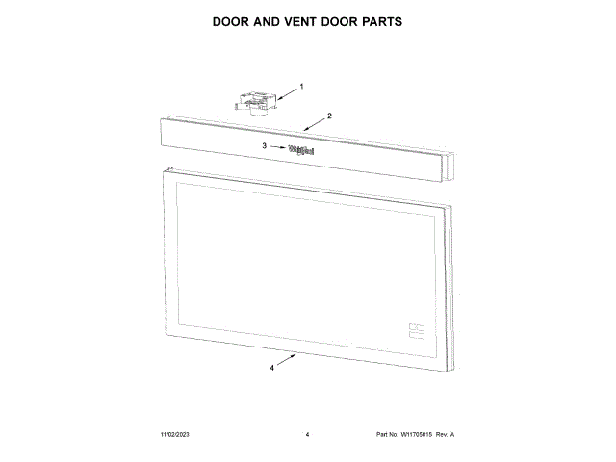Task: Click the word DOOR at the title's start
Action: [x=235, y=21]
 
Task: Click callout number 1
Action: [x=300, y=86]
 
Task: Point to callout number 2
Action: [x=329, y=115]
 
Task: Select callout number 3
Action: [x=264, y=146]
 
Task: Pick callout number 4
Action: [x=272, y=368]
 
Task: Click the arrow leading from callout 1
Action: [x=285, y=90]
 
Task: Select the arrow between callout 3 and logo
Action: [x=277, y=147]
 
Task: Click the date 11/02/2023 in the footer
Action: [x=176, y=435]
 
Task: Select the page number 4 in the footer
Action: [x=306, y=435]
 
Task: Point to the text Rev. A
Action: [x=448, y=435]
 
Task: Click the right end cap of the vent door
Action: [x=448, y=166]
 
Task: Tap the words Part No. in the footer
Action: [x=387, y=435]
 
